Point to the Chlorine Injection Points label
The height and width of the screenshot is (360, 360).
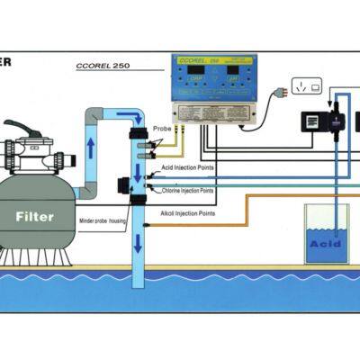point(188,190)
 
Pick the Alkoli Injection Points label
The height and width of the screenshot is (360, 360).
point(184,212)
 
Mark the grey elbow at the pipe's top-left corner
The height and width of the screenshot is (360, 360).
point(94,116)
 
